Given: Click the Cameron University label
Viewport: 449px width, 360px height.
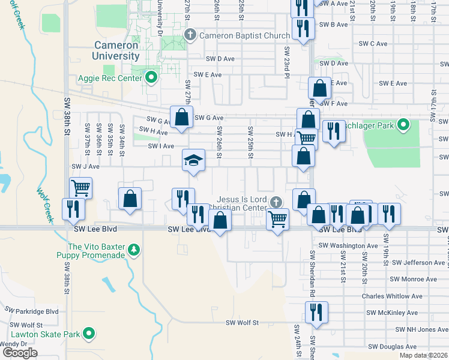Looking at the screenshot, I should pos(116,50).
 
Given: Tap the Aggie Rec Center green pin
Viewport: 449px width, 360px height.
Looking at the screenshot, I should pos(151,77).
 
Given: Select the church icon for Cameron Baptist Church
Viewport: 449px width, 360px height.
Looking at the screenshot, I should pos(190,35).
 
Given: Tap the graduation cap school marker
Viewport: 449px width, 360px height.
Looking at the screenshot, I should pos(193,161).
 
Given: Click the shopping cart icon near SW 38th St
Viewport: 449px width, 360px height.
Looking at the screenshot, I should pos(80,188).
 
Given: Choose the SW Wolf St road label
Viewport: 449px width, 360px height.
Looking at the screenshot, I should pos(242,323).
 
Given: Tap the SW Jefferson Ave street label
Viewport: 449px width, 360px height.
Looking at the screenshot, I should pos(418,263).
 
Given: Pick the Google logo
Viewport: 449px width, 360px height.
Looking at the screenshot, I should pos(20,352).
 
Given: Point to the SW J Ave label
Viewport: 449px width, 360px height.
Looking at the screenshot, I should pos(85,166).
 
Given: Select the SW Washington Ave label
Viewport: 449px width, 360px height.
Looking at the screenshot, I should pos(348,245).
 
